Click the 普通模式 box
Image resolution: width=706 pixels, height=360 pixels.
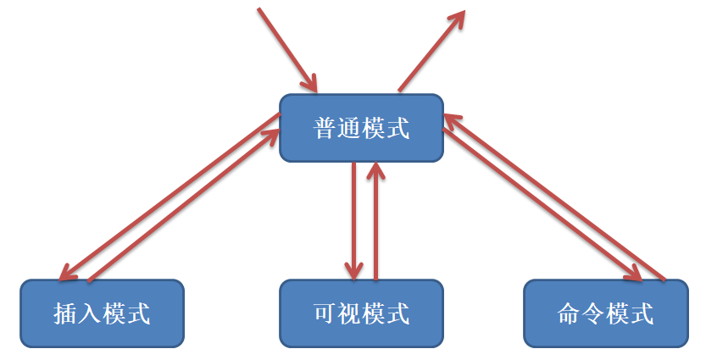click(x=361, y=128)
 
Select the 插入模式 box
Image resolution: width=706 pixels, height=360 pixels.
click(x=102, y=313)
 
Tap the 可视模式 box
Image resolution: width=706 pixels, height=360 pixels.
click(x=361, y=313)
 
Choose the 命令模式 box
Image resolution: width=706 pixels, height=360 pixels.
click(x=605, y=313)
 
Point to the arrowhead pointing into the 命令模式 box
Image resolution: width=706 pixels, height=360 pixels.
click(x=633, y=273)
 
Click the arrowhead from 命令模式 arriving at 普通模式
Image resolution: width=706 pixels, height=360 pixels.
click(x=449, y=121)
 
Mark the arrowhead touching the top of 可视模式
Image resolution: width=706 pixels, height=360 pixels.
click(x=353, y=269)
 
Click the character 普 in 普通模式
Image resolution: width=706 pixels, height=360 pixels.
click(x=325, y=129)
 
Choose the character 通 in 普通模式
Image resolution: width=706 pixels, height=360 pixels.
click(x=349, y=129)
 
